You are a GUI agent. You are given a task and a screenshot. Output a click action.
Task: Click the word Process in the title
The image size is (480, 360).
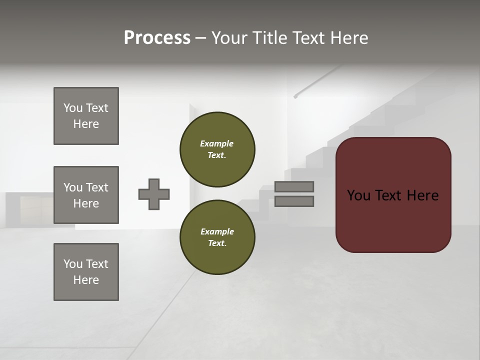pyautogui.click(x=157, y=38)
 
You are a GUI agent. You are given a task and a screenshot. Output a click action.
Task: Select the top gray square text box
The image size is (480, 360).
pyautogui.click(x=86, y=116)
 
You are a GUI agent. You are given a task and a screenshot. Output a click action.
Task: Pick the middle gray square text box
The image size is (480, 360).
pyautogui.click(x=86, y=195)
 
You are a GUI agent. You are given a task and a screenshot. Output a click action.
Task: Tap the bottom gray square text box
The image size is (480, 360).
pyautogui.click(x=86, y=272)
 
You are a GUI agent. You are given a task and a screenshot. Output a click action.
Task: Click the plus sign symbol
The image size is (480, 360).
pyautogui.click(x=154, y=194)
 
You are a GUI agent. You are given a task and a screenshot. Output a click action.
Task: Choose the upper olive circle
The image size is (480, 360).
pyautogui.click(x=217, y=149)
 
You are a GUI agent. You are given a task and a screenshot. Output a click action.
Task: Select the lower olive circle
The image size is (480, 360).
pyautogui.click(x=217, y=237)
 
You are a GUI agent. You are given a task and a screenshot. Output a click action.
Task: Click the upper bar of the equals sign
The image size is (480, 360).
pyautogui.click(x=294, y=186)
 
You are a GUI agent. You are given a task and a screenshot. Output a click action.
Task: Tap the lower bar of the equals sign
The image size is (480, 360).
pyautogui.click(x=294, y=201)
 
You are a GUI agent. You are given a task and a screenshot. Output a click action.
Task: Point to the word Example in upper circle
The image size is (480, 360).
pyautogui.click(x=216, y=143)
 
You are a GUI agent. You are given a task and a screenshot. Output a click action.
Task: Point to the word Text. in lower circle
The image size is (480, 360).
pyautogui.click(x=217, y=243)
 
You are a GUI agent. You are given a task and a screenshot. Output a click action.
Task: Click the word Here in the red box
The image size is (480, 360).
pyautogui.click(x=422, y=195)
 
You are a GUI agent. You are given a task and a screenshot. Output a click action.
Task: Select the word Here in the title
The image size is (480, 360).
pyautogui.click(x=349, y=38)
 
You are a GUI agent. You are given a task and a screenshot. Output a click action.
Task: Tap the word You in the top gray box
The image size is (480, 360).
pyautogui.click(x=72, y=108)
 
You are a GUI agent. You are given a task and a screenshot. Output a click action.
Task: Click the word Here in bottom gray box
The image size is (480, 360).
pyautogui.click(x=86, y=280)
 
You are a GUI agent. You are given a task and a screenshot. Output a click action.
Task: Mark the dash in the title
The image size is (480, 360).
pyautogui.click(x=200, y=38)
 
